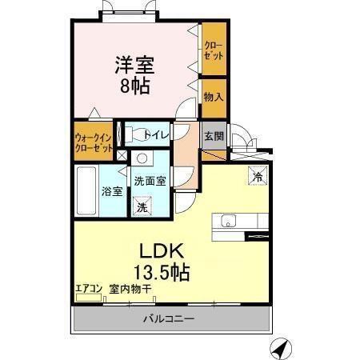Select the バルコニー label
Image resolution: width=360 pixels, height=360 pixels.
click(169, 319)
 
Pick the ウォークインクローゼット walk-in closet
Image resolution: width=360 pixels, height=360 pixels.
click(94, 141)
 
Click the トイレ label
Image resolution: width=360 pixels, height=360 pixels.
click(157, 135)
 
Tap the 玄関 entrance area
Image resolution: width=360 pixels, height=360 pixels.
click(213, 136)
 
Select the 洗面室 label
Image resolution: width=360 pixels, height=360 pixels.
click(150, 181)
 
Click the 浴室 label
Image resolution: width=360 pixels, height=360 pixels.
click(112, 191)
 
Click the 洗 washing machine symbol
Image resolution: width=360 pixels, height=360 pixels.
click(142, 206)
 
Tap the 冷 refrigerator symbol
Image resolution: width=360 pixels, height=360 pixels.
click(258, 174)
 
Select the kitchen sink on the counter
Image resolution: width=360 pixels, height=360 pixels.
click(225, 222)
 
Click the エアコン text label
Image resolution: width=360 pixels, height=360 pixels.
click(88, 288)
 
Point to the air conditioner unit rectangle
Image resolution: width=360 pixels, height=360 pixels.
click(88, 298)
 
